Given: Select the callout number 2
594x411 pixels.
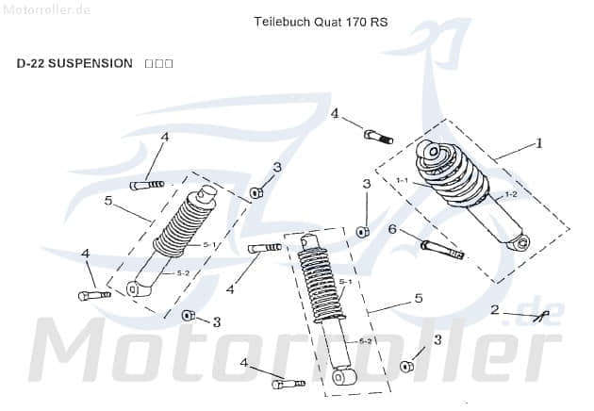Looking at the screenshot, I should pos(494,309).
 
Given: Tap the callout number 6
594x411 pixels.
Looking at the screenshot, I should pos(391,229).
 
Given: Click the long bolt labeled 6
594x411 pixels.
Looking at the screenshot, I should pos(442,249).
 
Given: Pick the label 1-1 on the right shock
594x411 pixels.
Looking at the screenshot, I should pos(401,180).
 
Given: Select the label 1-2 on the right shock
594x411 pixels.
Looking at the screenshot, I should pos(511,194).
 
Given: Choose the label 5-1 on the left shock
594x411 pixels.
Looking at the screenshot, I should pos(209,244).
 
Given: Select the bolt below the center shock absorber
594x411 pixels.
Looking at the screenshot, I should pos(288,384).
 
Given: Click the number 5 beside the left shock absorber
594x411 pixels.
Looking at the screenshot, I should pos(108,200).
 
